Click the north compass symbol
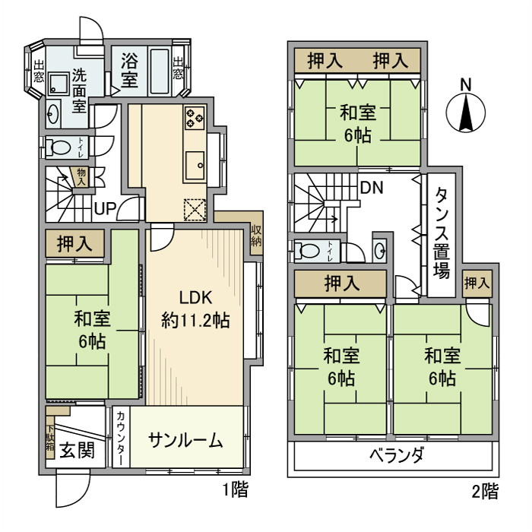464,112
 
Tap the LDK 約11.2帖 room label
196,309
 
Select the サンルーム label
185,440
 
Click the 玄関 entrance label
78,450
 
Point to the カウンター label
122,439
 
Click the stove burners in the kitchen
193,117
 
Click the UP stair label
105,207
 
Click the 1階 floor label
235,490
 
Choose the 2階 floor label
485,491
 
